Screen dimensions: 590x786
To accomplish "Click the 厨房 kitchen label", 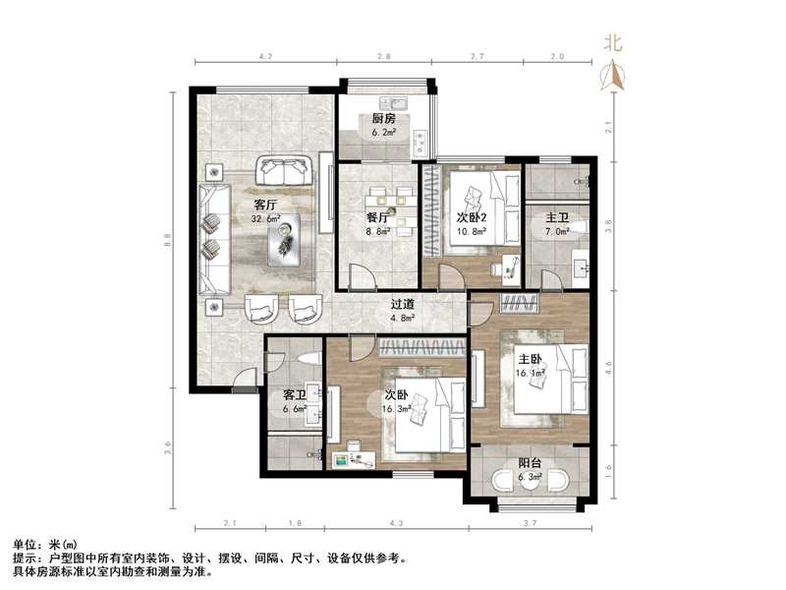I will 383,118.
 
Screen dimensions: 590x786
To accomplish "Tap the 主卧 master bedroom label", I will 531,360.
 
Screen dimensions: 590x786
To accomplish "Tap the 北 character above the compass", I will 613,42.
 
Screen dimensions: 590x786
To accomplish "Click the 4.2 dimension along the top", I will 264,58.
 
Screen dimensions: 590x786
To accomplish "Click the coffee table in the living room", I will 287,239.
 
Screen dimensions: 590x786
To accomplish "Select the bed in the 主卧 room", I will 546,379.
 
